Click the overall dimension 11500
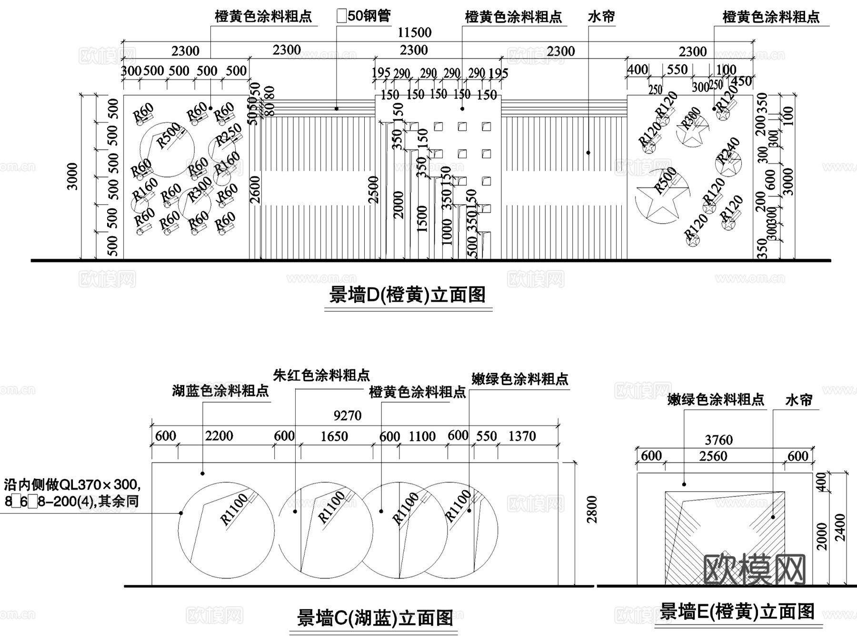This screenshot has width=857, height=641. (414, 32)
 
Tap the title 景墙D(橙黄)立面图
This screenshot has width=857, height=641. (408, 295)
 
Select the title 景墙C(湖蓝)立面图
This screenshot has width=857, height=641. (375, 618)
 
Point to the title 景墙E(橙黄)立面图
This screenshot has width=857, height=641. (737, 611)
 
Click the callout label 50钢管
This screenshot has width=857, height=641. (364, 16)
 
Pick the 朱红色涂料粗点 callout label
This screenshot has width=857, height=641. (321, 375)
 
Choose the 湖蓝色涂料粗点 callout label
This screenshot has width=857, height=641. (220, 391)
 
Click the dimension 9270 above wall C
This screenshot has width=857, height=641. (347, 415)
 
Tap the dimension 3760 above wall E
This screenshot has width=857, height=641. (718, 440)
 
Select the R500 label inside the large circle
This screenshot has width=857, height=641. (169, 135)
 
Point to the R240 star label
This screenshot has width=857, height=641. (728, 150)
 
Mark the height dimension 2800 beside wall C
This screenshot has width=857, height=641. (592, 509)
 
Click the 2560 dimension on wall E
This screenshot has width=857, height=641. (713, 456)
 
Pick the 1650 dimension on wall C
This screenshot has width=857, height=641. (334, 436)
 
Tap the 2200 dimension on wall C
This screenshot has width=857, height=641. (219, 435)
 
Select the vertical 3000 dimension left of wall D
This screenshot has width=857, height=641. (72, 177)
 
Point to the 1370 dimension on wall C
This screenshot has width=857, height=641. (522, 436)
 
